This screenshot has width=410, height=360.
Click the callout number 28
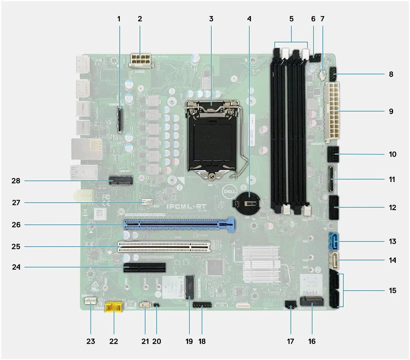[x=16, y=181]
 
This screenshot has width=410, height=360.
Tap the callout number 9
[x=391, y=111]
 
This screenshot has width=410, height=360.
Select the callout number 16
[x=312, y=341]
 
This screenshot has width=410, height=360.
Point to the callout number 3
[x=211, y=19]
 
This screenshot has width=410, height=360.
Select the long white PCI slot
[x=164, y=246]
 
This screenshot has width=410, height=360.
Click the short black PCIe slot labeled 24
[x=145, y=267]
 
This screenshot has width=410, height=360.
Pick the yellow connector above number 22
[x=114, y=308]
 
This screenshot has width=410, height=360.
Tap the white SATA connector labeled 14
[x=333, y=260]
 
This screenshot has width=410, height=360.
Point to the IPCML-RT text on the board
[x=187, y=207]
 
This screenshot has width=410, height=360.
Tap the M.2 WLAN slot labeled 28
[x=121, y=181]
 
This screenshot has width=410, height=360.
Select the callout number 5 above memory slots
[x=291, y=19]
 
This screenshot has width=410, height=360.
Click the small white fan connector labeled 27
[x=147, y=202]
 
